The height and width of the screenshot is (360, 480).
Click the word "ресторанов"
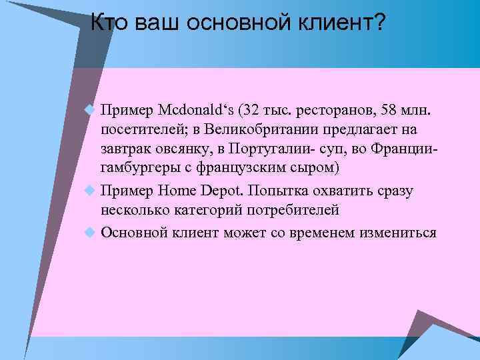click(x=337, y=109)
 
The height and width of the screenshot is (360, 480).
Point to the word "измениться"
click(x=398, y=233)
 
